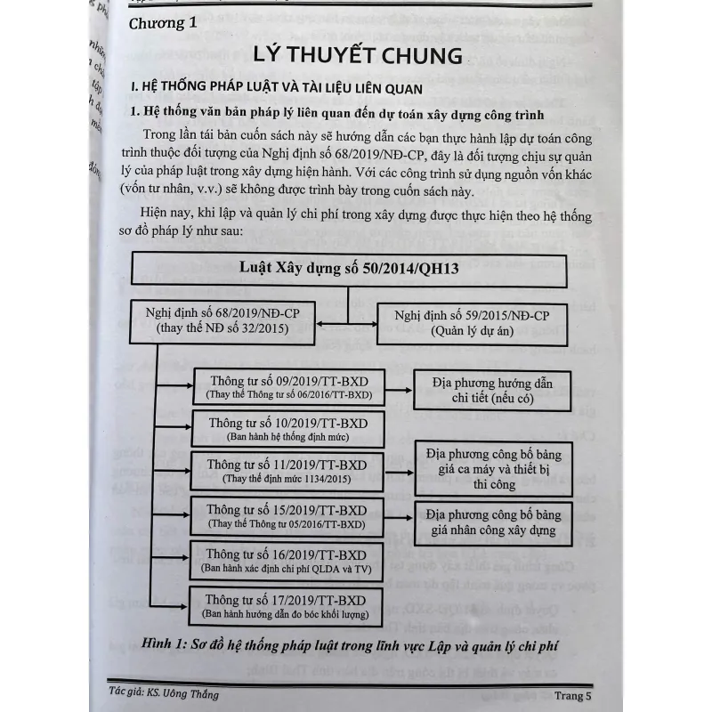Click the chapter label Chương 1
(x=162, y=23)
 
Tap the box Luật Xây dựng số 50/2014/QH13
(x=349, y=268)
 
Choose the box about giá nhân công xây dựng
(x=506, y=522)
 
